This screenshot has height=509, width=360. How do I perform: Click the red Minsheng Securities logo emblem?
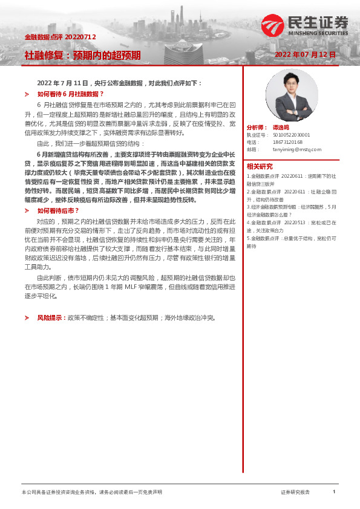[x=272, y=25]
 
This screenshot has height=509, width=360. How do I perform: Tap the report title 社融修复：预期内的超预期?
[x=82, y=56]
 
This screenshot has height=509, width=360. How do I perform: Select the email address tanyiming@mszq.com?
[x=296, y=149]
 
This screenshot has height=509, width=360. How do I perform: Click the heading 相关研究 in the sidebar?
[x=260, y=166]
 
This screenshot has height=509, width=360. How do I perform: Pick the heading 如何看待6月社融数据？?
[x=71, y=94]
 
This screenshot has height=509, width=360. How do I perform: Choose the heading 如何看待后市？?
[x=59, y=210]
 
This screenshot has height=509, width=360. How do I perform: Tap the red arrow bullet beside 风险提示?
[x=27, y=317]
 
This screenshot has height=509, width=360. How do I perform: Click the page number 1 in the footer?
[x=333, y=492]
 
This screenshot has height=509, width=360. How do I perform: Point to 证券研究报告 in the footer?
[x=295, y=493]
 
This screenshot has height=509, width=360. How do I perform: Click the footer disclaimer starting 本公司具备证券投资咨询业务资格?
[x=91, y=493]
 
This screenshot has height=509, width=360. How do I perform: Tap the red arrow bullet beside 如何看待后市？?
[x=27, y=210]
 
